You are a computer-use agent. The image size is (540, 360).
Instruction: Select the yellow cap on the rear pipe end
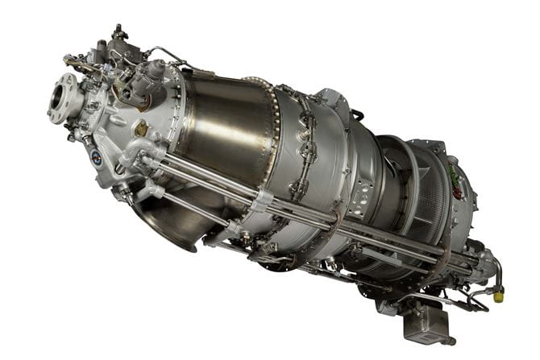tap(499, 296)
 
